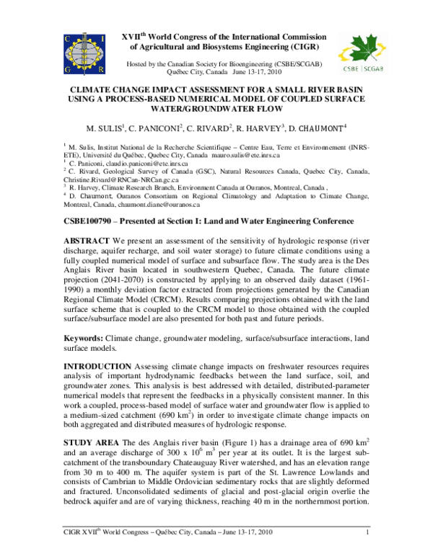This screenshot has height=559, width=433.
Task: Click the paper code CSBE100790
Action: click(x=92, y=220)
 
